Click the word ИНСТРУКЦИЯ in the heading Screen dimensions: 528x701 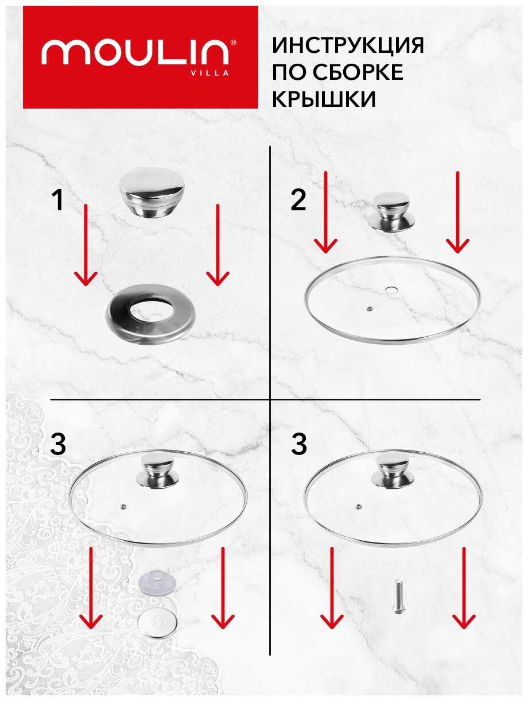(348, 45)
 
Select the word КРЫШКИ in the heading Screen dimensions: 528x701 (324, 99)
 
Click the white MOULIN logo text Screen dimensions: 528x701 (135, 52)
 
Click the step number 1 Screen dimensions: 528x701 (58, 200)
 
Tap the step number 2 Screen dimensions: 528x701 (298, 200)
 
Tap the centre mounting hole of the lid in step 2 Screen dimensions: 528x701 (391, 290)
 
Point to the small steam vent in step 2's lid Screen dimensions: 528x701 (370, 309)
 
